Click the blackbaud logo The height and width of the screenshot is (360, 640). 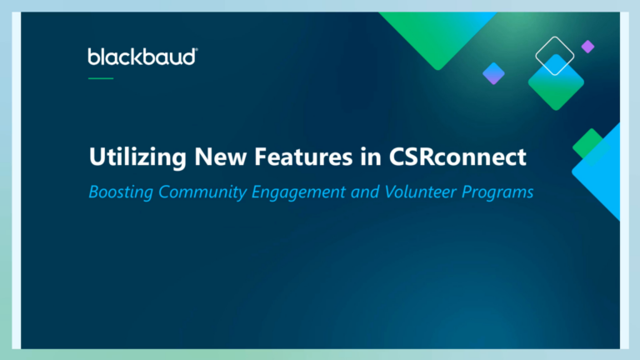[142, 57]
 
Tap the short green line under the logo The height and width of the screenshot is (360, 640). [101, 78]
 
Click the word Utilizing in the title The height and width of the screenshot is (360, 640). [137, 157]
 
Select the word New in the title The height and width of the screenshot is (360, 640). [220, 157]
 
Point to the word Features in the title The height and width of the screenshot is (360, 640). [303, 157]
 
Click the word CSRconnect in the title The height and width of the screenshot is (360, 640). [457, 157]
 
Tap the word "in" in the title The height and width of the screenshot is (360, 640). [371, 157]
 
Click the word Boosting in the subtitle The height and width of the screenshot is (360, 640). [121, 192]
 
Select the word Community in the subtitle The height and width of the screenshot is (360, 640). [202, 192]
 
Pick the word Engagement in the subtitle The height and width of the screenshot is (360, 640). [298, 192]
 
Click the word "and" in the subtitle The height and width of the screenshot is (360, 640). [365, 192]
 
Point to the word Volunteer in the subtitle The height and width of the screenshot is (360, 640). [420, 192]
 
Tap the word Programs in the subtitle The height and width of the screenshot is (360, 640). [497, 192]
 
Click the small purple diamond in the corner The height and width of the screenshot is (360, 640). [587, 47]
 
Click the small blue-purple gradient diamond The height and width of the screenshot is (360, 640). [493, 73]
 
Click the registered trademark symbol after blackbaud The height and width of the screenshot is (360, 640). [197, 49]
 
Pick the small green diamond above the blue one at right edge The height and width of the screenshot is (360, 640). [590, 145]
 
